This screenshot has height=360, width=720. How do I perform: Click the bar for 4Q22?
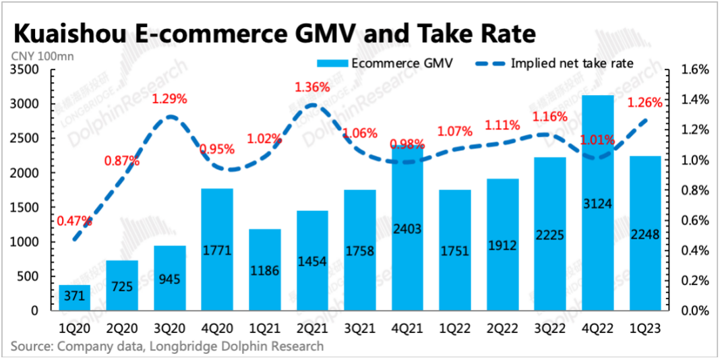click(x=598, y=202)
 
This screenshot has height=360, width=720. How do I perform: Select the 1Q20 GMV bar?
click(x=74, y=298)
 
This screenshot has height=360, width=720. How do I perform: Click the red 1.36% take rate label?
click(x=312, y=87)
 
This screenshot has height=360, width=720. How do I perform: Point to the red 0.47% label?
click(x=74, y=220)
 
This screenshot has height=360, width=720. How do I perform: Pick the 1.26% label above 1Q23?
click(x=644, y=103)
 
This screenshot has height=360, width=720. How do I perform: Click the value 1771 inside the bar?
click(x=217, y=251)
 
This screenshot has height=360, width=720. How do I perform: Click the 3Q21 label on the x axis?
click(x=359, y=328)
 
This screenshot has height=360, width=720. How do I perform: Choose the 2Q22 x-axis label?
click(x=502, y=328)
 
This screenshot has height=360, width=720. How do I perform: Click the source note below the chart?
click(x=167, y=347)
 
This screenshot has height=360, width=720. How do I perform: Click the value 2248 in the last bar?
click(x=646, y=234)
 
